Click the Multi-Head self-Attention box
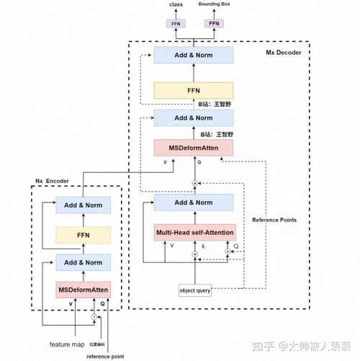coord(194,233)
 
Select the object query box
coord(194,290)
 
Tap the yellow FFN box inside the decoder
coord(194,91)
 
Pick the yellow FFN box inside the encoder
coord(84,234)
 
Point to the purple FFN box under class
coord(176,23)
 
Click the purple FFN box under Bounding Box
coord(213,23)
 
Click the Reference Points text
coord(273,220)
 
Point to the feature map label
coord(66,343)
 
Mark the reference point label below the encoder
coord(104,355)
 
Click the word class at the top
coord(176,5)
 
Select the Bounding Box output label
coord(214,5)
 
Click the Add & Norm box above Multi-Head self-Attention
coord(194,202)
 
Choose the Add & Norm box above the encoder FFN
coord(84,205)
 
